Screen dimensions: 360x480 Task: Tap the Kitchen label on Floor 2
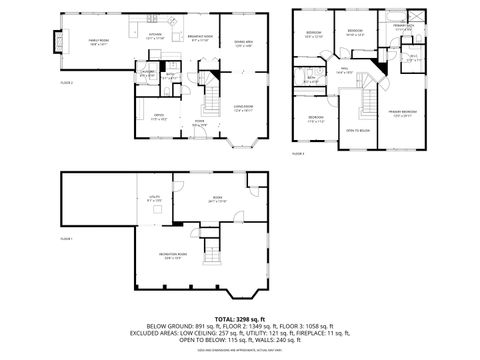(155, 36)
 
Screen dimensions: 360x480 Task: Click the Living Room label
(243, 107)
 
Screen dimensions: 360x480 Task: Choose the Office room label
(157, 117)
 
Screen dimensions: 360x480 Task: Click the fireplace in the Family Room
(65, 44)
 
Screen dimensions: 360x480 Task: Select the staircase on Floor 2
(212, 100)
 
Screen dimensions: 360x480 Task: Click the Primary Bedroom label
(403, 113)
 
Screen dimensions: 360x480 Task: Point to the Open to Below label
(358, 130)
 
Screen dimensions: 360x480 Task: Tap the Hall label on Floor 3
(343, 71)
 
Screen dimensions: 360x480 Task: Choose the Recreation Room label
(171, 256)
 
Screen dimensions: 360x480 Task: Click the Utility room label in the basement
(155, 199)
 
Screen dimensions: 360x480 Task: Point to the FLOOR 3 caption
(298, 154)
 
